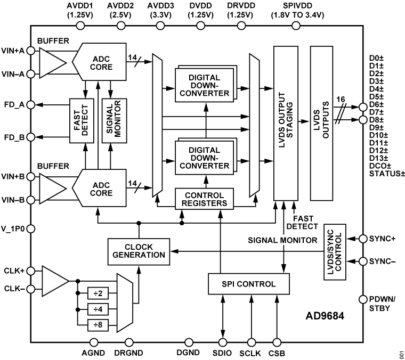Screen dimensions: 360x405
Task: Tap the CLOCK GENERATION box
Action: coord(138,250)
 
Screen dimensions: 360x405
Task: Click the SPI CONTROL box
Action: coord(249,284)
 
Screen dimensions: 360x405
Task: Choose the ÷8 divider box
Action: coord(98,323)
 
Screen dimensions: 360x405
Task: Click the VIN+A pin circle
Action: coord(31,51)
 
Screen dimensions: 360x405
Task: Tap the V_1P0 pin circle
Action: coord(31,229)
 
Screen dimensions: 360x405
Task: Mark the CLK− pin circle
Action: coord(31,290)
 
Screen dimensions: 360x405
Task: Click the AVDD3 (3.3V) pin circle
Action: coord(161,25)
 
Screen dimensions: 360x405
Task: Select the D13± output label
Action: coord(379,158)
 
